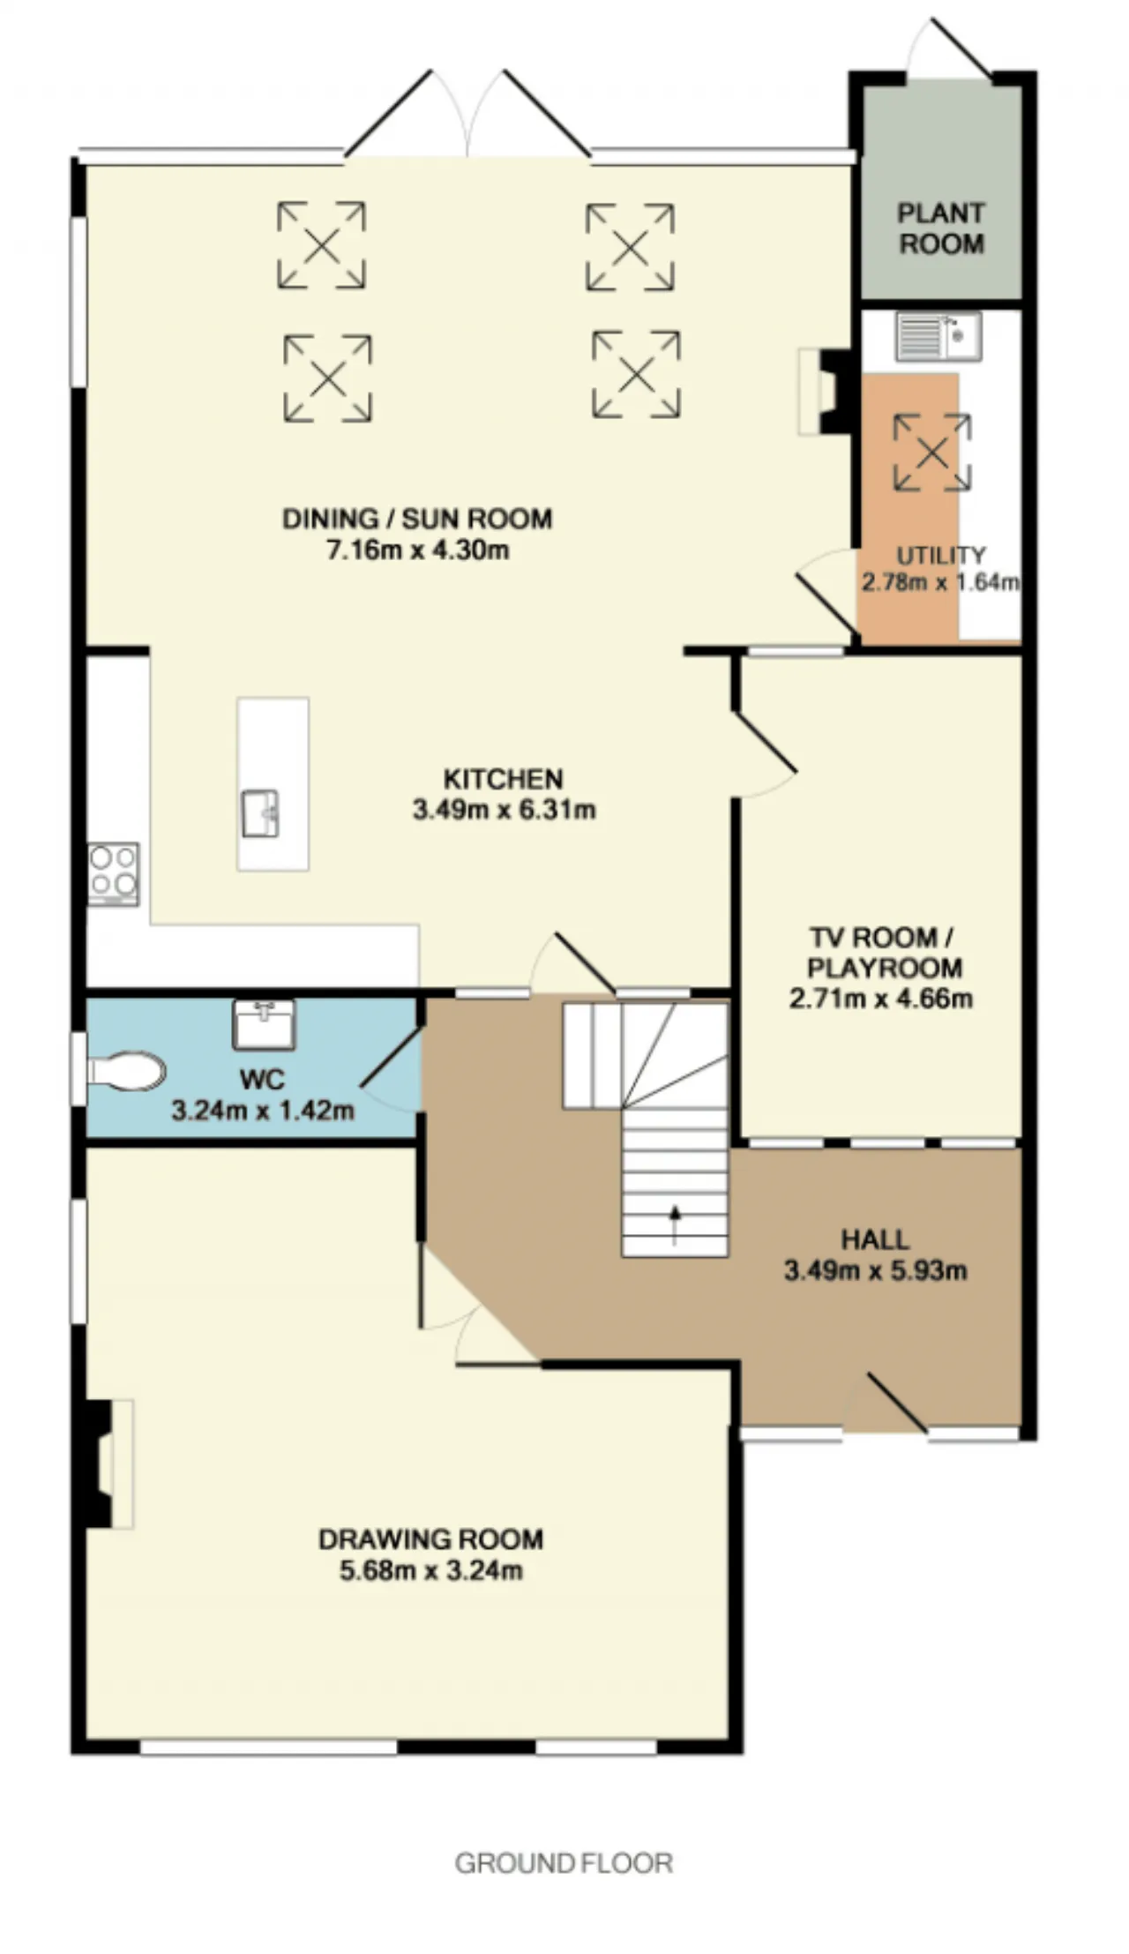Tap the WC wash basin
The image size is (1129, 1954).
[265, 1024]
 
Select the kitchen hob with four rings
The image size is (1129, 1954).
[114, 873]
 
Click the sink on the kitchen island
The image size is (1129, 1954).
[261, 812]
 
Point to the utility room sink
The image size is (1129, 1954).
[938, 336]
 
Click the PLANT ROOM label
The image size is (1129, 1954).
[941, 228]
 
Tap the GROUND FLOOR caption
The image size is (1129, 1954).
[564, 1863]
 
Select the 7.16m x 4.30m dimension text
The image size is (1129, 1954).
[418, 550]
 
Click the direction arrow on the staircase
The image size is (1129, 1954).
[676, 1225]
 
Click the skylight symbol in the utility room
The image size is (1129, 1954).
[932, 453]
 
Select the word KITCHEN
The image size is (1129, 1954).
[503, 779]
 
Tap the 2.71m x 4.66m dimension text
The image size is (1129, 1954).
[881, 999]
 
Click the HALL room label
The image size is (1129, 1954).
[875, 1239]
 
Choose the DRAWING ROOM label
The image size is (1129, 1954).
[431, 1539]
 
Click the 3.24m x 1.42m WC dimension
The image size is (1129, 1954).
[263, 1110]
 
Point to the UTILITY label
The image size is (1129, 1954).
[941, 555]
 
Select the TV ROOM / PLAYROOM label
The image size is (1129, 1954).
[884, 952]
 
